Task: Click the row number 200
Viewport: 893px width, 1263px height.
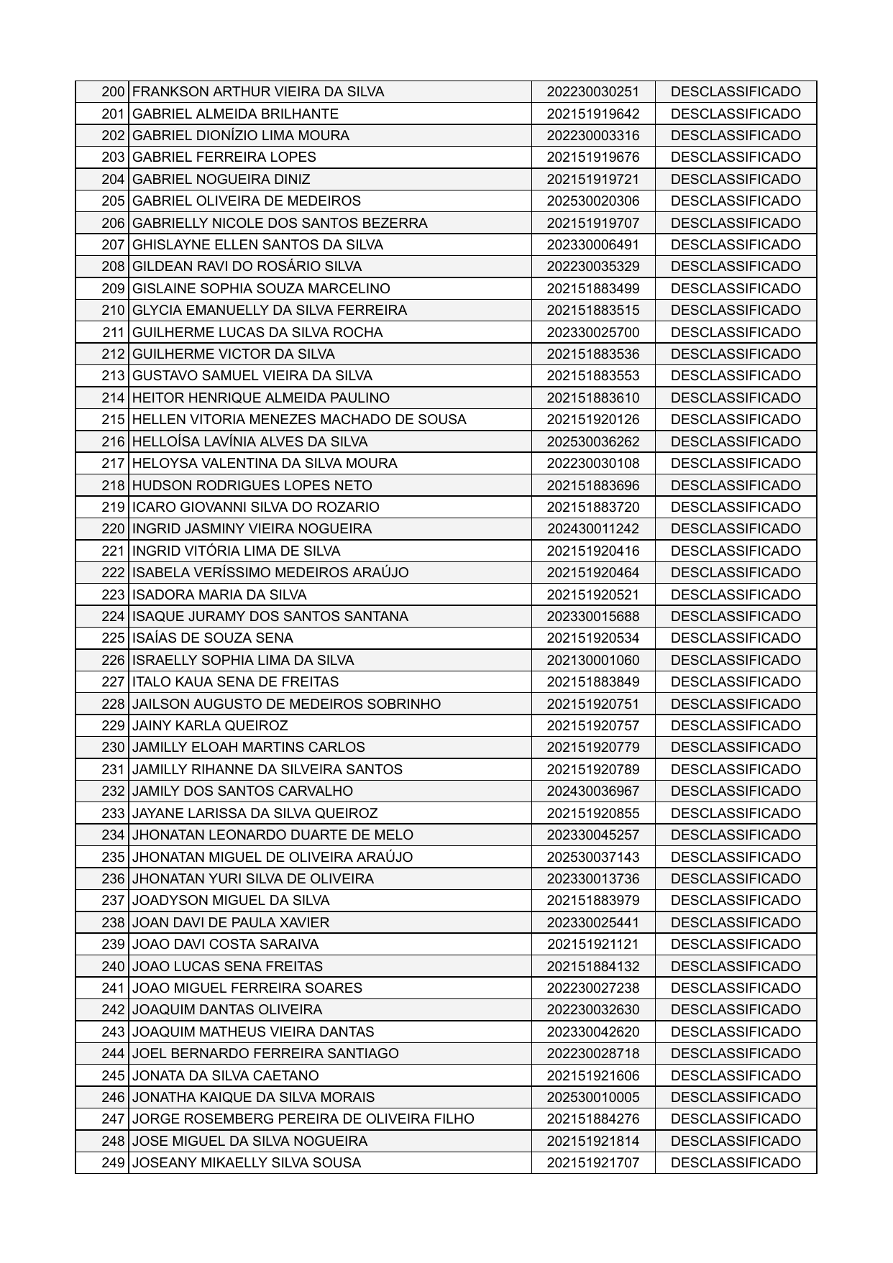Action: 114,92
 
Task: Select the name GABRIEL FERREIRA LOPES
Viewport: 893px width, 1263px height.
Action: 224,157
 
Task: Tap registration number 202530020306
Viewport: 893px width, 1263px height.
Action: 592,201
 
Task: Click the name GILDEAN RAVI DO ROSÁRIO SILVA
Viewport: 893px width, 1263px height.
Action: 247,267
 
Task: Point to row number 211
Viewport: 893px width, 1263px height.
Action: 114,333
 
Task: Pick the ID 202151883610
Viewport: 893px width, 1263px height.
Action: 592,398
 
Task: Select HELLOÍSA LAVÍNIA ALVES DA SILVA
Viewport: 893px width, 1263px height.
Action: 250,442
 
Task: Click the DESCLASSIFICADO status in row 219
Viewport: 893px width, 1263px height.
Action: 735,508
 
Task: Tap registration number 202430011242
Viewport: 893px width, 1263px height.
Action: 592,529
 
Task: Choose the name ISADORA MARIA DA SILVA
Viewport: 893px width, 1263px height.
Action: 220,595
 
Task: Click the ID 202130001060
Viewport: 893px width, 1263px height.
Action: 592,661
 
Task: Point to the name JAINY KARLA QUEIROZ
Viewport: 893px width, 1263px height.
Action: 211,726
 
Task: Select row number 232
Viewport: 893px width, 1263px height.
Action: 114,791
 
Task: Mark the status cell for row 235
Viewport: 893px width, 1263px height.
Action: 735,858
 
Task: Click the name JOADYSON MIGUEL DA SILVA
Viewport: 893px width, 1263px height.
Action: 232,901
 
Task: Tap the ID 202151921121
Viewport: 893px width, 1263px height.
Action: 592,945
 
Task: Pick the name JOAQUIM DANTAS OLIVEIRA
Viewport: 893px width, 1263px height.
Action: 228,1010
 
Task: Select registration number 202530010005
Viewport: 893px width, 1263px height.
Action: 592,1098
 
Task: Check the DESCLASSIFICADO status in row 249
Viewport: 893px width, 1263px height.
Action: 735,1163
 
